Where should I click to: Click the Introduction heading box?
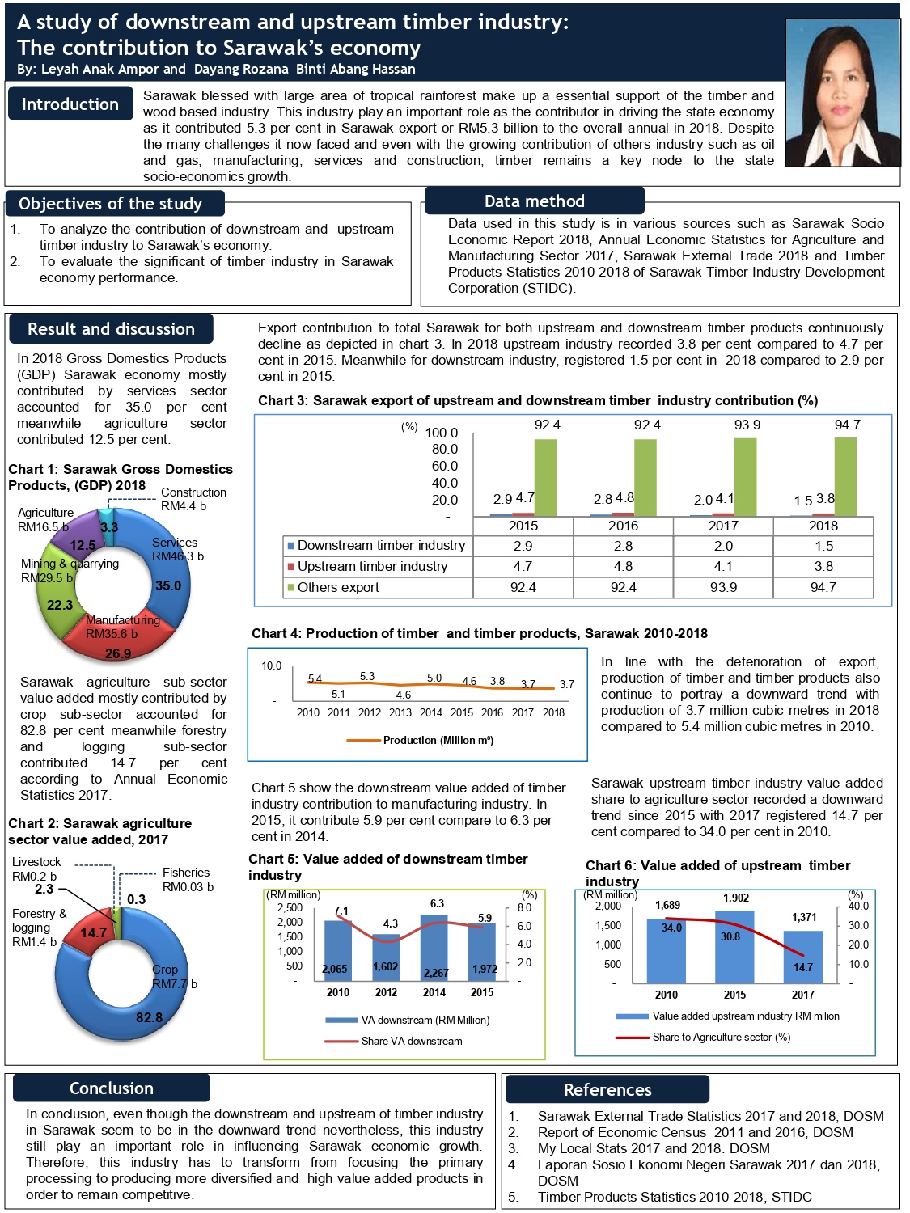point(70,104)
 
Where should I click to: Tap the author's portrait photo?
point(842,92)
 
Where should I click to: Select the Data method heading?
point(534,201)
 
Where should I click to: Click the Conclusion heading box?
point(112,1088)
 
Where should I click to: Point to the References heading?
point(607,1090)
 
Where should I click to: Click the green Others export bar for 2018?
point(845,477)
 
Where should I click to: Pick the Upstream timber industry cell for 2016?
point(623,567)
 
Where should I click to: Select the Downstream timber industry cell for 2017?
point(723,546)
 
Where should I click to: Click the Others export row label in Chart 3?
point(338,588)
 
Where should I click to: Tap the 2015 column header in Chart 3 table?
point(523,526)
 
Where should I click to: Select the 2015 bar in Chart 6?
point(734,947)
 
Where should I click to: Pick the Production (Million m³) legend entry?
point(421,740)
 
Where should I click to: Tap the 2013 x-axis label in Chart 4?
point(400,712)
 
